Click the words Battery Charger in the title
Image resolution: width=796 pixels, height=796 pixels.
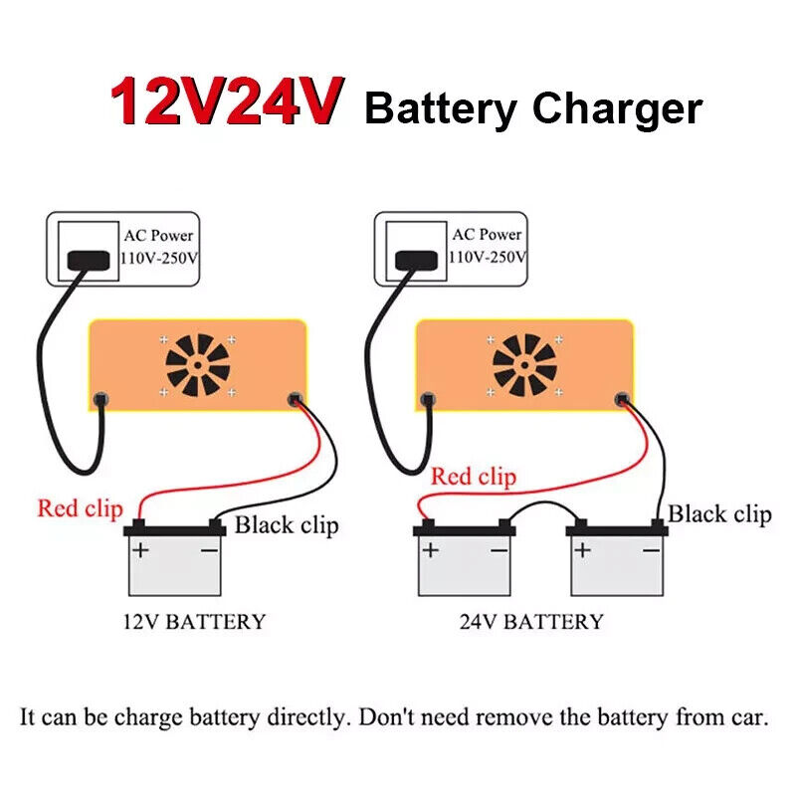pos(533,107)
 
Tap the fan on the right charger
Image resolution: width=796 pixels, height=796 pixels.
pos(524,365)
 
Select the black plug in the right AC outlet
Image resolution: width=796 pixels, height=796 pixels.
pos(416,260)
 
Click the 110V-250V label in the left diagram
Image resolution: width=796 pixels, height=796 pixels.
pos(159,259)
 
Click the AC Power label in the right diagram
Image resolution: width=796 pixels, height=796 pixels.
pos(487,235)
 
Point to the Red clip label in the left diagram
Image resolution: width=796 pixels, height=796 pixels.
pos(80,508)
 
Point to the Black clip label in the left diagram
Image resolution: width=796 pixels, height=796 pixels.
pos(287,524)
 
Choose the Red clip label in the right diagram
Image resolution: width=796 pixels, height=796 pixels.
pos(474,478)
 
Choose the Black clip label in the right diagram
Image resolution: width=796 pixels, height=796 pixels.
pos(719,513)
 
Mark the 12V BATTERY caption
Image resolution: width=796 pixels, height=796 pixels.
pos(194,623)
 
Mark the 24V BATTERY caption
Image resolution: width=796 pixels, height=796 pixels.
pos(531,623)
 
